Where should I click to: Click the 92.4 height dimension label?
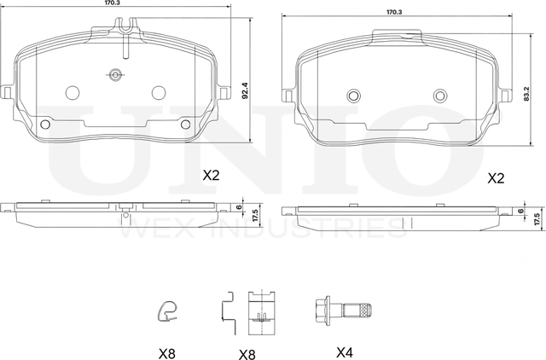[245, 90]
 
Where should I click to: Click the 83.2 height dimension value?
[526, 94]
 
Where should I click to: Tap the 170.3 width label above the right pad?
[394, 12]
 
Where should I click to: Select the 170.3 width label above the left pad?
[112, 2]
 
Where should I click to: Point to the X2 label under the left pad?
[212, 176]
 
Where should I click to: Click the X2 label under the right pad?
[496, 178]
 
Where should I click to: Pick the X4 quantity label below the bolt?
[345, 352]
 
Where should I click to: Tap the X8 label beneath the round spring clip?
[167, 354]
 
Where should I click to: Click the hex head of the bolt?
[322, 310]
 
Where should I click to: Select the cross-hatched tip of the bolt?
[365, 310]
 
